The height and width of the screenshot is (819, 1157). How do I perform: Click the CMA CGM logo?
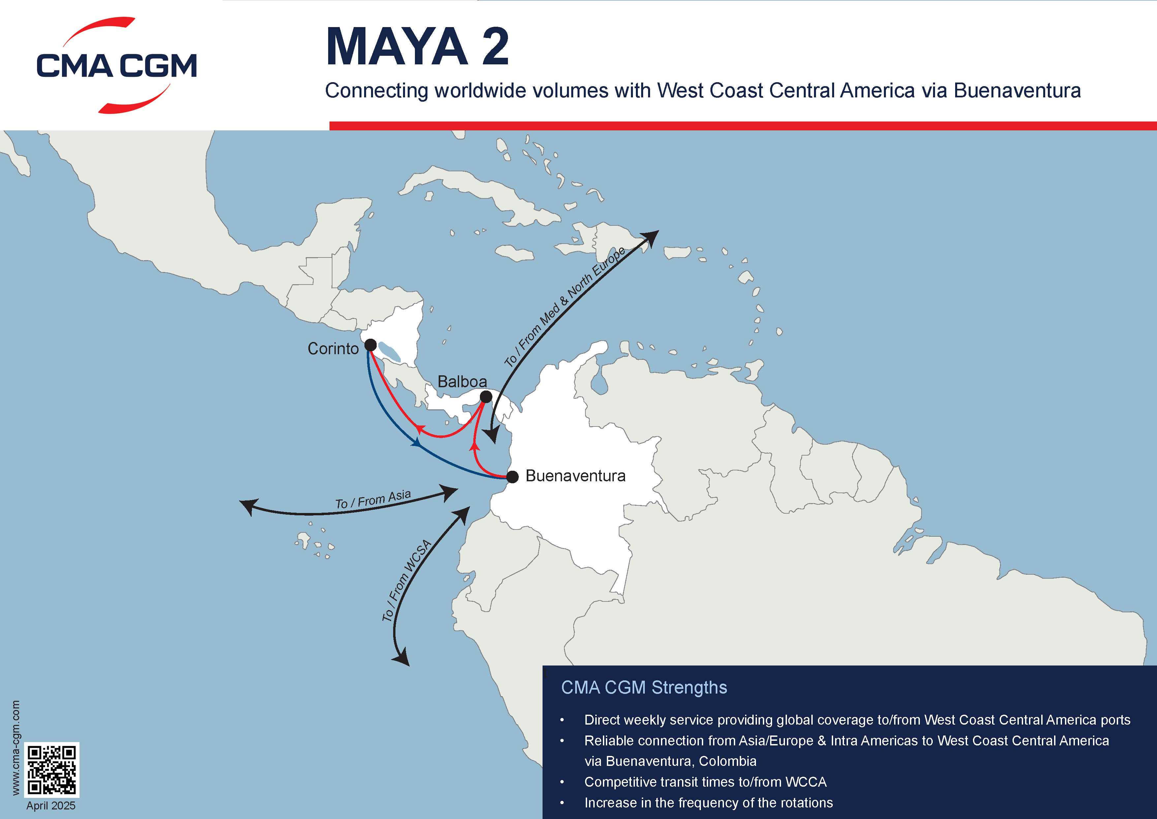pos(116,66)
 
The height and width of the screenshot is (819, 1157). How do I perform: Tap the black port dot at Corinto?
pos(370,345)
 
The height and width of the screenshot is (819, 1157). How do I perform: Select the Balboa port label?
pos(462,382)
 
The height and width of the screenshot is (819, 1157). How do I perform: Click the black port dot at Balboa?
pos(486,397)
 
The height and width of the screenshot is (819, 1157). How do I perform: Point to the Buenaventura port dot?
pos(513,477)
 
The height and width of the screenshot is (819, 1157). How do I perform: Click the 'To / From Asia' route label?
pos(373,499)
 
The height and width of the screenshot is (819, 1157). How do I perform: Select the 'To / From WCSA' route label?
pos(406,580)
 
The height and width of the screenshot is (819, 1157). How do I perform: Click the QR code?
pos(51,769)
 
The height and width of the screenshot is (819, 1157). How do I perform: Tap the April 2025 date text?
pos(50,806)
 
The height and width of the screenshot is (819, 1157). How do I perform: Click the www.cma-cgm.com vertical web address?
pos(16,747)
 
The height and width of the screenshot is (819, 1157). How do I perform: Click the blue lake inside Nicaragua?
pos(390,352)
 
